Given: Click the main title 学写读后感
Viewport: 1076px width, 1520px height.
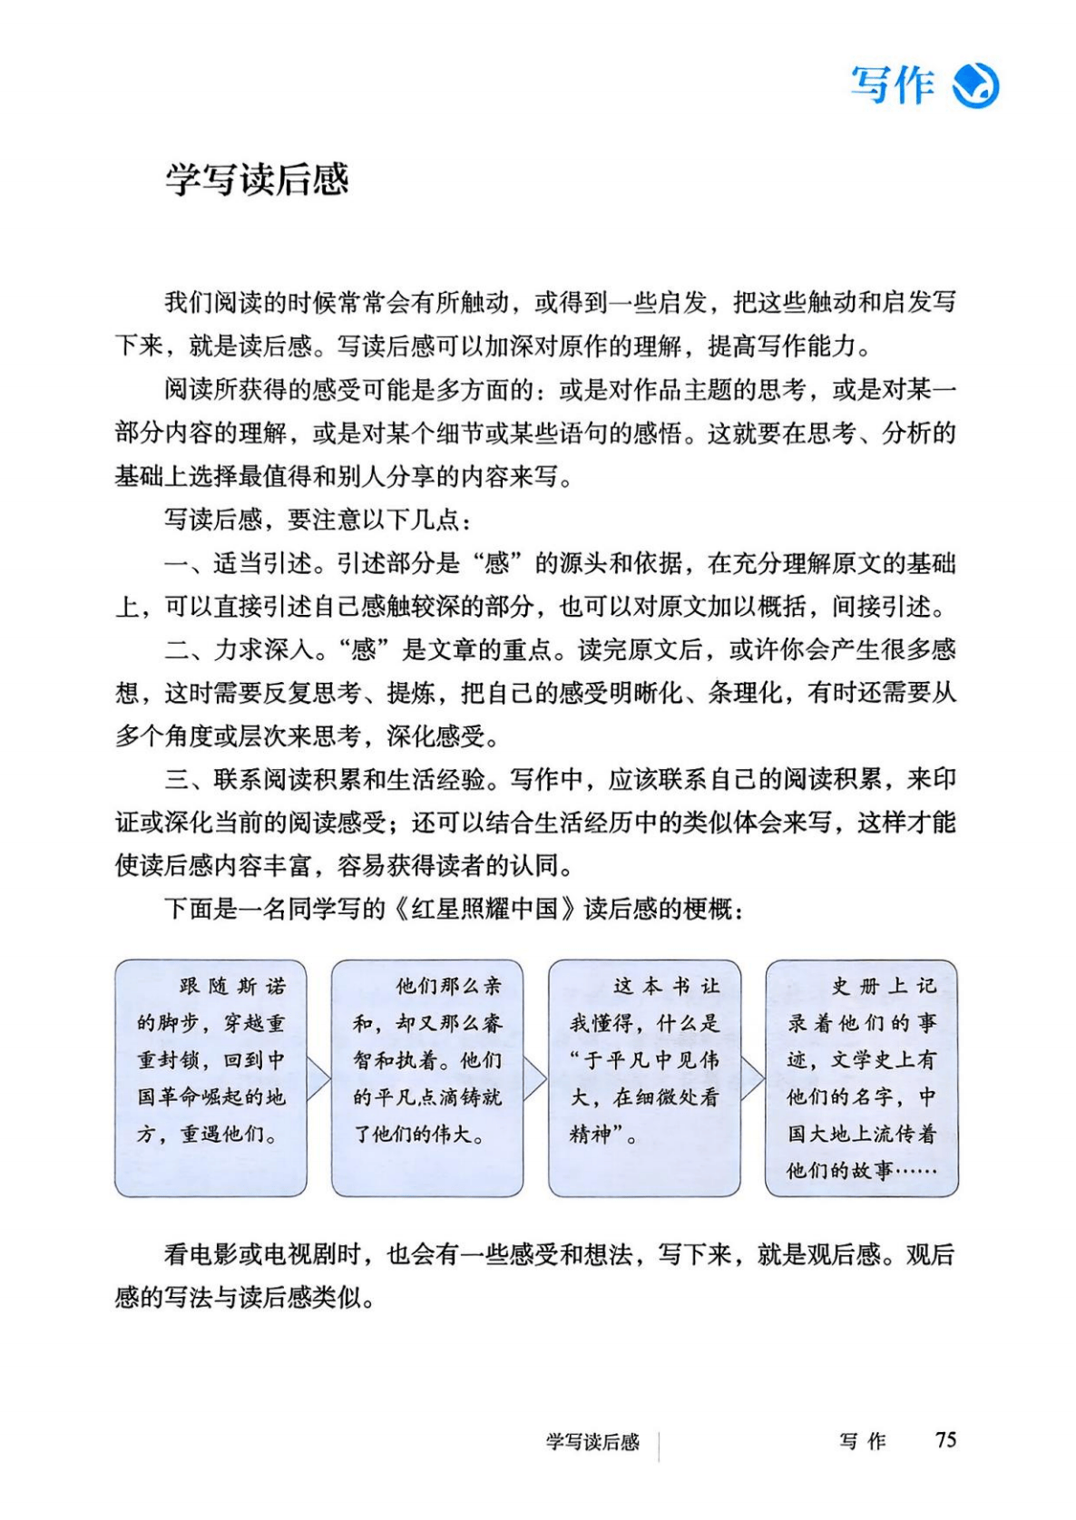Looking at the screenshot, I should click(x=257, y=180).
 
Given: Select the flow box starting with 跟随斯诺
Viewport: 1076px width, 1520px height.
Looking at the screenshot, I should click(x=210, y=1077).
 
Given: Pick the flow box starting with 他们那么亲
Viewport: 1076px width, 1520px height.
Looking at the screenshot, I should click(x=426, y=1077).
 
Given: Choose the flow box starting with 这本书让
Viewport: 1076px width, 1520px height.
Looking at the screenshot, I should click(x=643, y=1077).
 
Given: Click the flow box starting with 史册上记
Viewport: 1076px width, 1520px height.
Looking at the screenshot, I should click(x=861, y=1077).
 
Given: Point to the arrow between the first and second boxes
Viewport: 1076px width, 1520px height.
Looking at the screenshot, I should click(x=318, y=1078).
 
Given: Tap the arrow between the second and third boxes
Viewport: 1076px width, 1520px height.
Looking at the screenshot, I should click(x=535, y=1078).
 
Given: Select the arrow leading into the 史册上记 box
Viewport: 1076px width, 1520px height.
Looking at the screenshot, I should click(x=752, y=1078).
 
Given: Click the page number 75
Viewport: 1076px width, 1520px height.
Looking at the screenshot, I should click(x=945, y=1440).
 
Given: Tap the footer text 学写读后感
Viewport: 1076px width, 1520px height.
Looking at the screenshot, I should click(x=592, y=1442).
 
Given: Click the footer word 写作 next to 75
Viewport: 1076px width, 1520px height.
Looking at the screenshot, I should click(x=862, y=1442).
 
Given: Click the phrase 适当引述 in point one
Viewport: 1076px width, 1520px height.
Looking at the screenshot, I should click(x=262, y=564).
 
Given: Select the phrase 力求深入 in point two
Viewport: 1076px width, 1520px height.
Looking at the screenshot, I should click(x=262, y=650).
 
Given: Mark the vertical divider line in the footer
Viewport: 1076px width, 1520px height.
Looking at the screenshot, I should click(x=659, y=1445).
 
